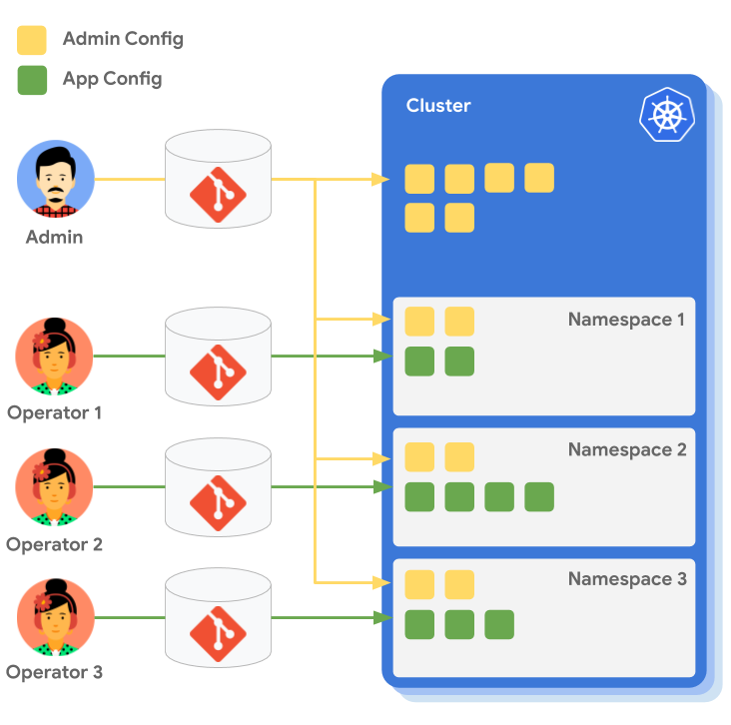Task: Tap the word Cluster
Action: click(x=438, y=106)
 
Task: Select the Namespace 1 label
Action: click(x=626, y=320)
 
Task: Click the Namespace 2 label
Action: click(x=626, y=449)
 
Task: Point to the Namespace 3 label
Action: click(x=626, y=579)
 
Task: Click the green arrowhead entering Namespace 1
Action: click(x=381, y=357)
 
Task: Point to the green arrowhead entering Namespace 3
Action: click(x=381, y=618)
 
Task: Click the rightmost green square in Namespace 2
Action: click(x=539, y=496)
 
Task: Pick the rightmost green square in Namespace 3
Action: click(x=499, y=625)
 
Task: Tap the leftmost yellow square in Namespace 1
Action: click(x=419, y=322)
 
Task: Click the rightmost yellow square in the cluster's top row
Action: click(x=539, y=178)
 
